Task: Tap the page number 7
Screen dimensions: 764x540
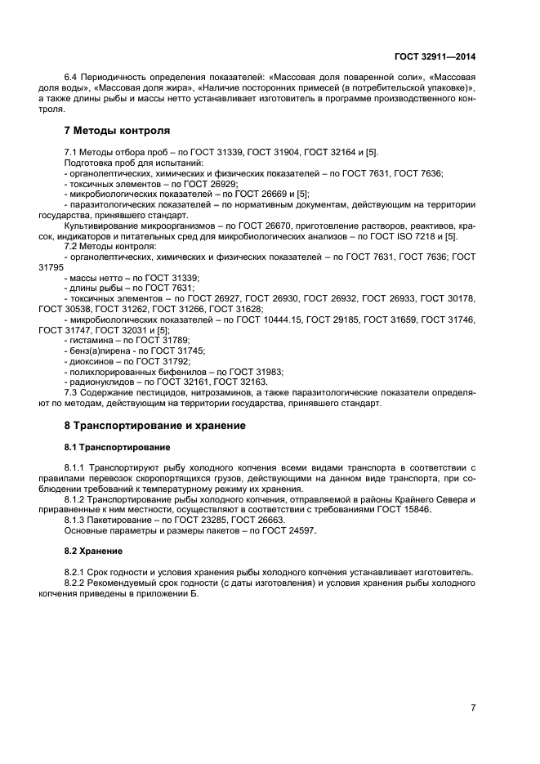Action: click(x=473, y=707)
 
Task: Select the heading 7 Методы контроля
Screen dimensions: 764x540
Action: click(x=117, y=130)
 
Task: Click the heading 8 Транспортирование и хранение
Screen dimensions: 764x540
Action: click(x=154, y=426)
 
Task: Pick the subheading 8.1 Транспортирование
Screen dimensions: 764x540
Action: click(x=117, y=447)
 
